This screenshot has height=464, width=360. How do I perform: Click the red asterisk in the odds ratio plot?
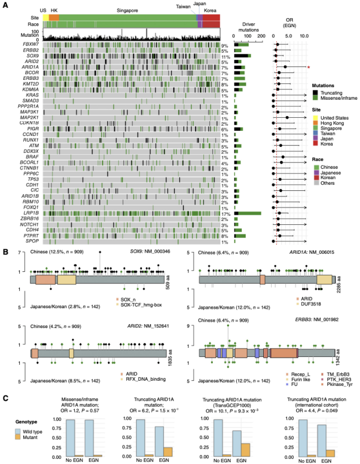(x=308, y=67)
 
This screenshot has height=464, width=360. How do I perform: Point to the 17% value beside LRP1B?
(x=225, y=214)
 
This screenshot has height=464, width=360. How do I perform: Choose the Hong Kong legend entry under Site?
(x=314, y=124)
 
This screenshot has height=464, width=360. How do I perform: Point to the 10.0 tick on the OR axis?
(x=303, y=36)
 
